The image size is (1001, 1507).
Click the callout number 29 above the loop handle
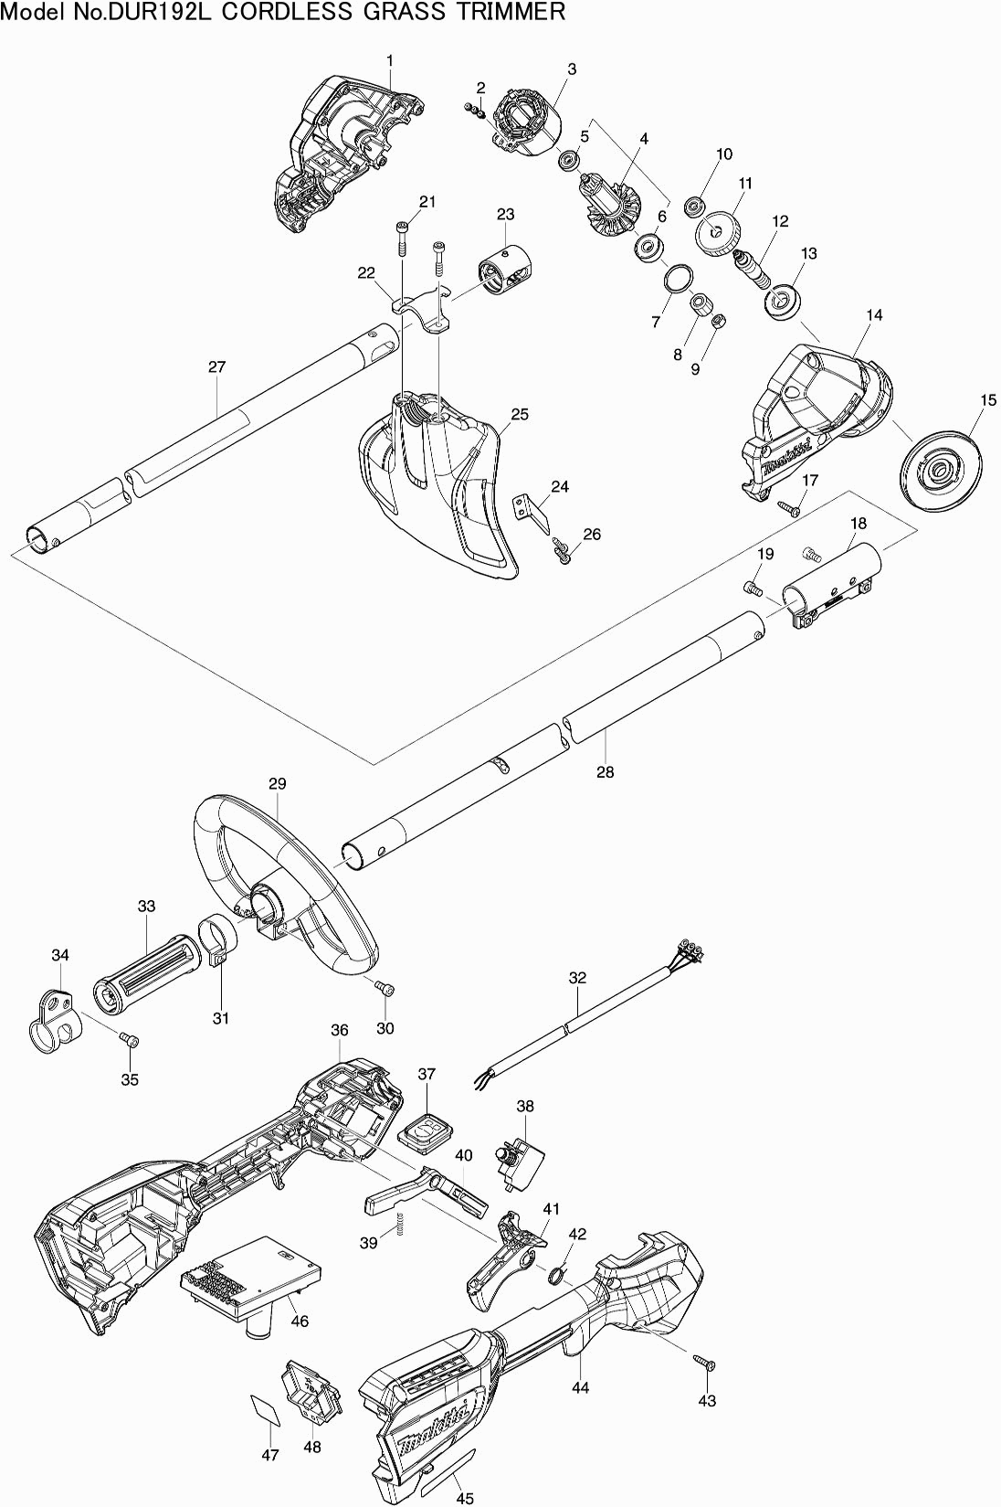coord(277,783)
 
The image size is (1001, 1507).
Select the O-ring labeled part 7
coord(678,277)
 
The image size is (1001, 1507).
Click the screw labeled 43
coord(705,1363)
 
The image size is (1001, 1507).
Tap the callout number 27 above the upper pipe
coord(217,367)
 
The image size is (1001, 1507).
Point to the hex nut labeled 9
coord(717,319)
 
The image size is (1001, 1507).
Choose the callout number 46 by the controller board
coord(300,1321)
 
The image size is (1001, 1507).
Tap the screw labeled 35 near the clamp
coord(129,1040)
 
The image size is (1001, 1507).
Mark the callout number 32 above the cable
coord(577,978)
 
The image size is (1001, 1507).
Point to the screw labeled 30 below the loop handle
coord(385,989)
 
